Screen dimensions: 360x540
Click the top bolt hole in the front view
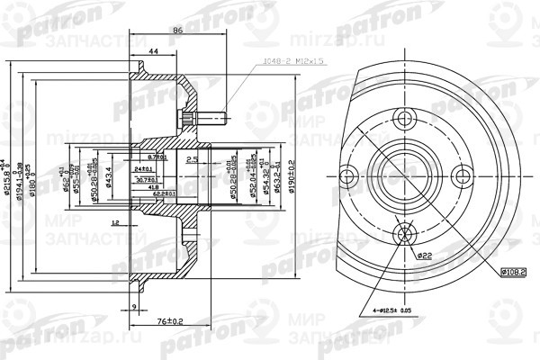pyautogui.click(x=403, y=116)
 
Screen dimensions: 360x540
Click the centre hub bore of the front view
pyautogui.click(x=403, y=175)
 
